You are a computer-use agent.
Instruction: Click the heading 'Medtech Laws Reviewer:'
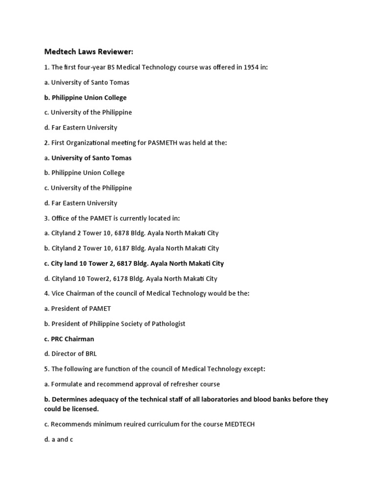coord(89,51)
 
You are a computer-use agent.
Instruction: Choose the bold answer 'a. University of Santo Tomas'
coord(88,158)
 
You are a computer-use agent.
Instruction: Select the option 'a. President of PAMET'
coord(77,309)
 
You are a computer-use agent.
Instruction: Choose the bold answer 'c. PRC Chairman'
coord(69,339)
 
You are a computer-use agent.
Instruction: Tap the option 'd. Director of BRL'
coord(70,354)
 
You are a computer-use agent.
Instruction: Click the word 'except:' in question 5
coord(253,369)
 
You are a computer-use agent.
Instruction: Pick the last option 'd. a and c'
coord(58,439)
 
